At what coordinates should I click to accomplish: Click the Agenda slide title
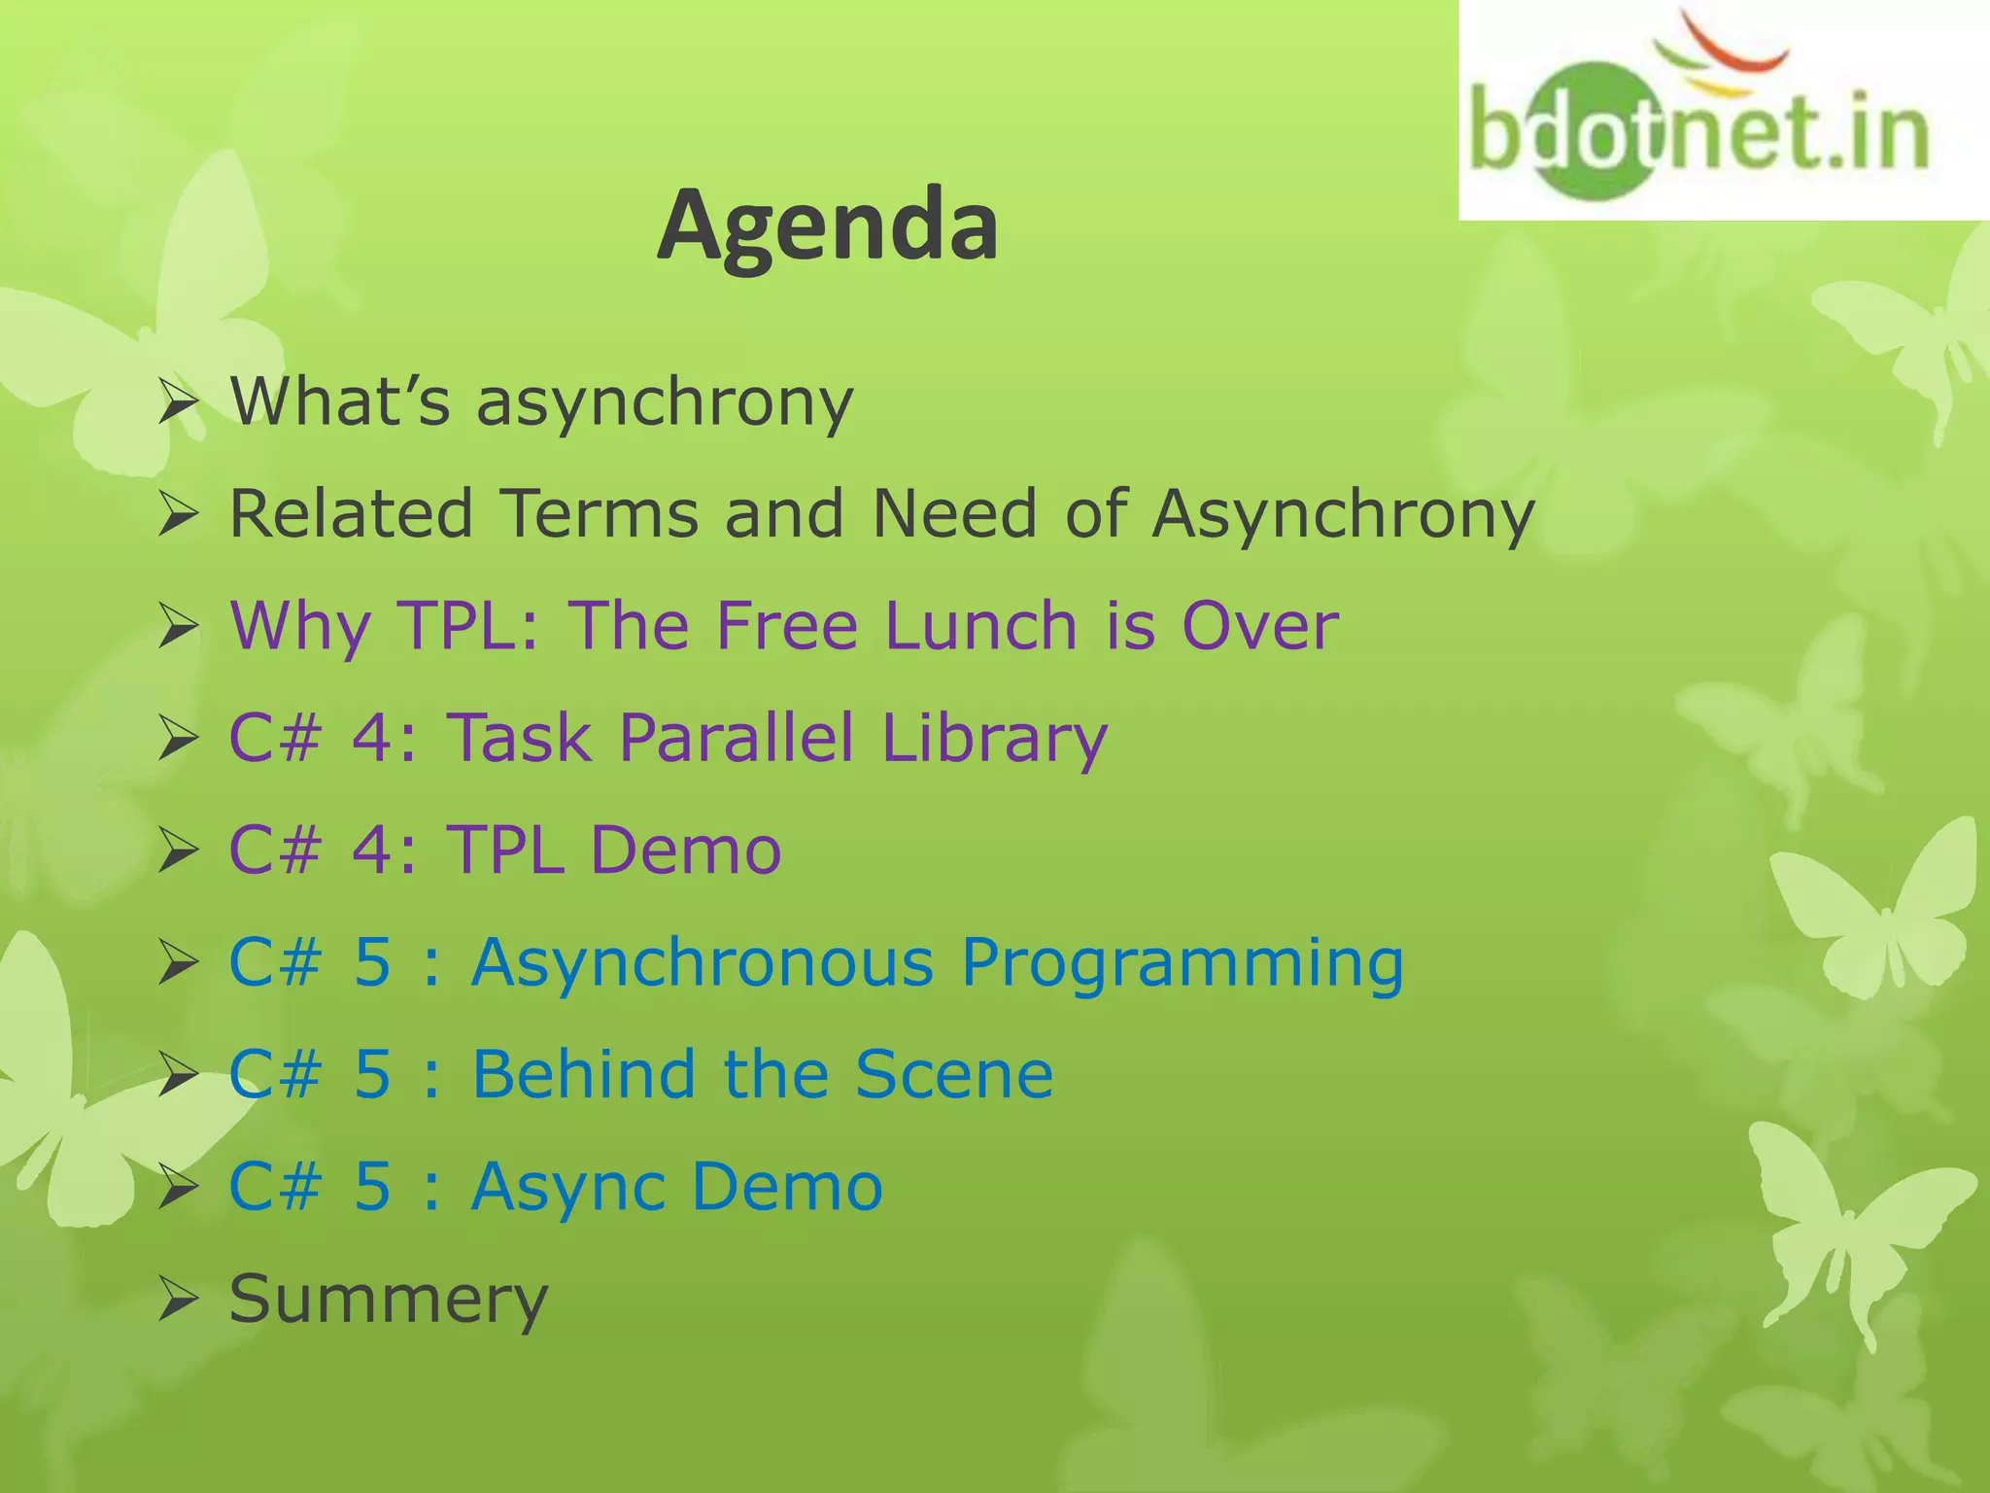click(827, 226)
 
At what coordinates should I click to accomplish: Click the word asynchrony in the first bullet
click(665, 402)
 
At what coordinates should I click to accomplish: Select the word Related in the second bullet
click(351, 513)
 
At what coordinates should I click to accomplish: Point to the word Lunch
click(980, 625)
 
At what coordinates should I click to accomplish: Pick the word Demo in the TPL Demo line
click(685, 850)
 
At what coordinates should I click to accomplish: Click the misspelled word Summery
click(389, 1299)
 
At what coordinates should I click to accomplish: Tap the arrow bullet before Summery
click(179, 1301)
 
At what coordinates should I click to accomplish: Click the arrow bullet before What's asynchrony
click(179, 402)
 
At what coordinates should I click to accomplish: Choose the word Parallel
click(736, 737)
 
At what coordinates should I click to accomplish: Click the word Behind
click(583, 1074)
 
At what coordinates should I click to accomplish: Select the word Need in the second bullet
click(954, 513)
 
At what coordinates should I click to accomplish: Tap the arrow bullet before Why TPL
click(179, 627)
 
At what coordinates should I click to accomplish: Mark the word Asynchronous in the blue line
click(702, 962)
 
